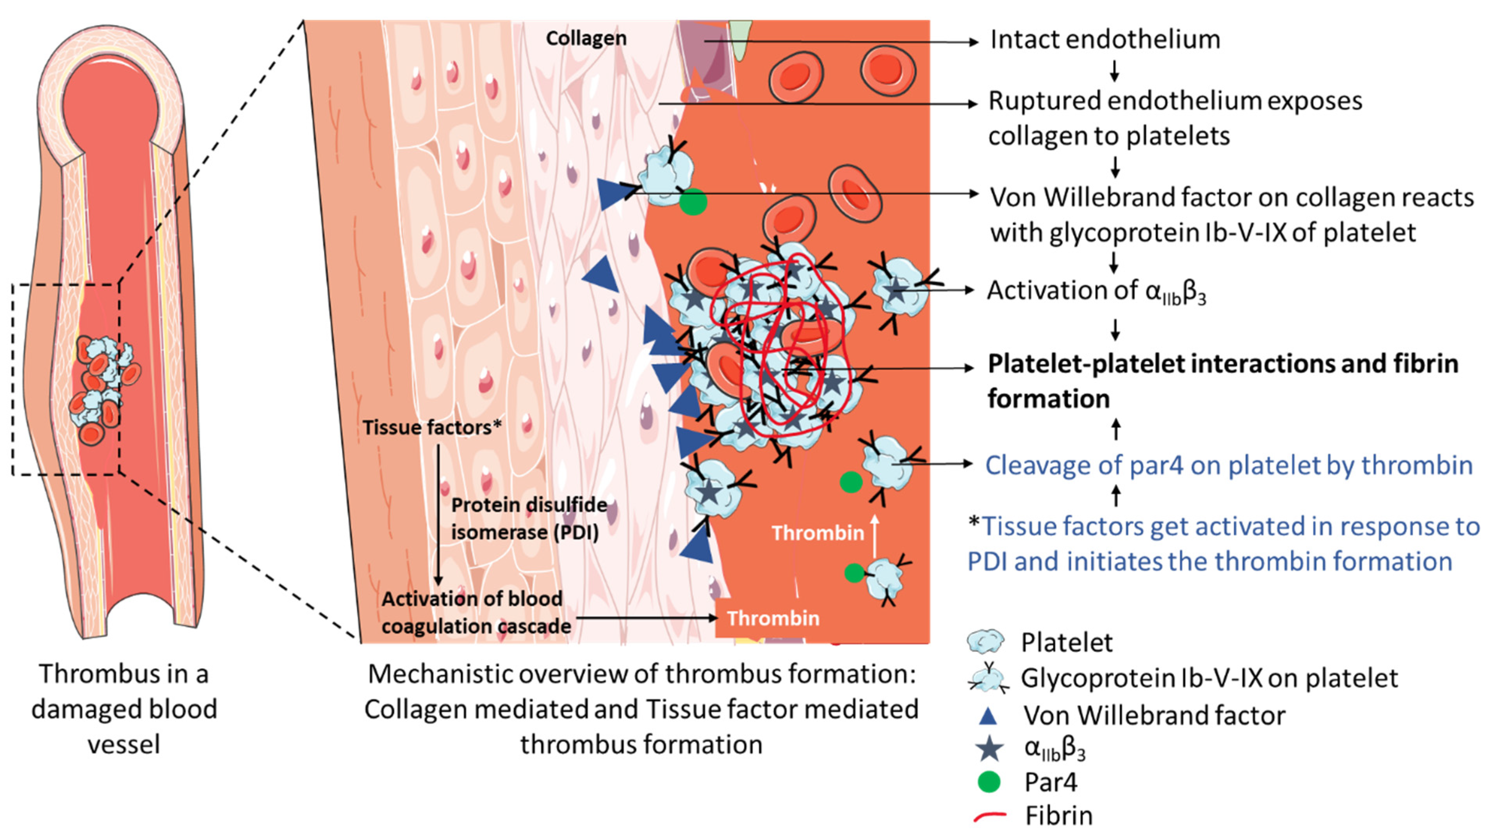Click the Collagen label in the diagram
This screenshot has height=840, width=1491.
coord(586,38)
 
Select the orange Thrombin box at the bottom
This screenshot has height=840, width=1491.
coord(773,618)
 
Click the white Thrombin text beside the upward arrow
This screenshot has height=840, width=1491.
coord(817,533)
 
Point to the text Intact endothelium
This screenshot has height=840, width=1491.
coord(1104,39)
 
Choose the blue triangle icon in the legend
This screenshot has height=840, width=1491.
coord(988,716)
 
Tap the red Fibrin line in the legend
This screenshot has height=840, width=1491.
coord(990,816)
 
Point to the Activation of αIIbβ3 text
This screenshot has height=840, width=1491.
coord(1096,291)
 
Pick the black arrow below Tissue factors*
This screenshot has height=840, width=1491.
coord(438,515)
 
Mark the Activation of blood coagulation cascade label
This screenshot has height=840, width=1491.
coord(475,612)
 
